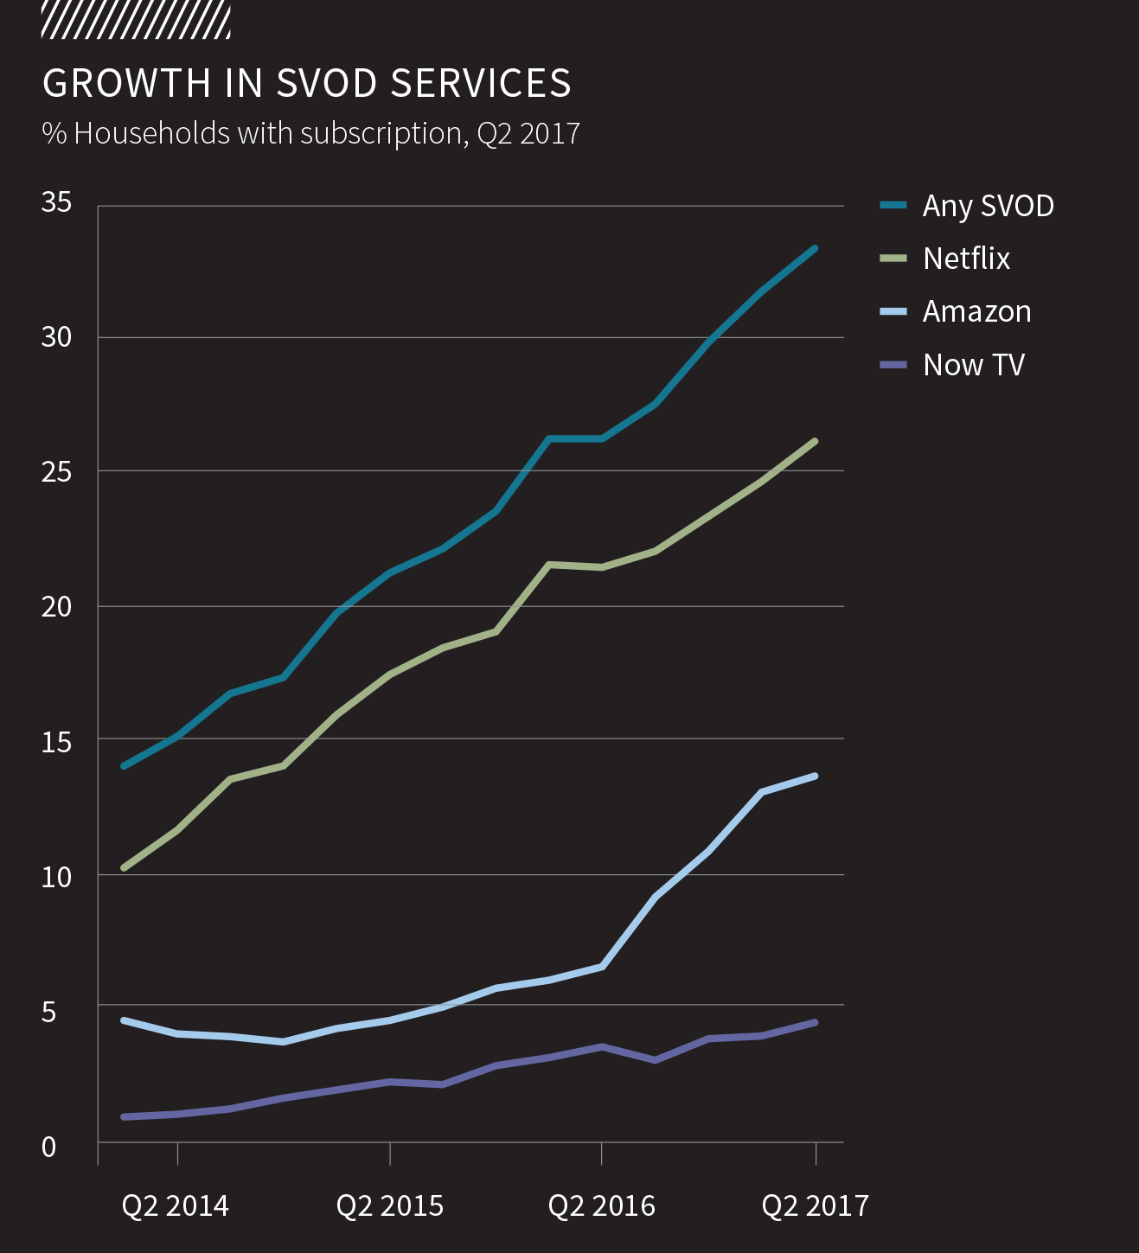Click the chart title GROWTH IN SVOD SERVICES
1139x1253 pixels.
click(306, 84)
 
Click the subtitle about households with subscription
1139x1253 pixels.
click(310, 133)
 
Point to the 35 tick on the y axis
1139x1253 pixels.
click(56, 202)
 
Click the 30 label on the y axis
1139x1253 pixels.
click(56, 337)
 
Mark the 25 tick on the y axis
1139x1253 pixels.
click(56, 472)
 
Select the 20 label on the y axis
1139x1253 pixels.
click(56, 607)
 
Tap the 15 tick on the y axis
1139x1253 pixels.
click(56, 742)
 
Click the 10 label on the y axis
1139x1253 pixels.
click(56, 877)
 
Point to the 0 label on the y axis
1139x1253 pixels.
click(48, 1148)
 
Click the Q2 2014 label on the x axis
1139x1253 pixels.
click(176, 1206)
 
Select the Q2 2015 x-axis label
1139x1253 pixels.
click(389, 1206)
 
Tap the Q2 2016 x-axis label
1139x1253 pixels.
click(602, 1206)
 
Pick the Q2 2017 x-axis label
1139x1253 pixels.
click(815, 1206)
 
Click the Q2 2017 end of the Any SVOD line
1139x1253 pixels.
click(815, 249)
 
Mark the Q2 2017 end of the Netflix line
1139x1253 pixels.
click(815, 442)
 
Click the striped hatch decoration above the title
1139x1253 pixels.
click(136, 21)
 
